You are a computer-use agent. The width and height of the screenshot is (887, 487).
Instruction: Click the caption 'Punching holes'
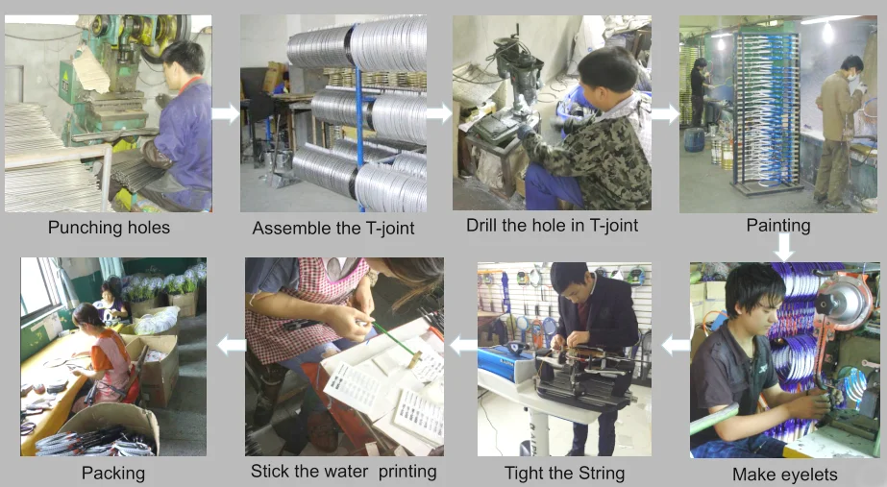pyautogui.click(x=109, y=228)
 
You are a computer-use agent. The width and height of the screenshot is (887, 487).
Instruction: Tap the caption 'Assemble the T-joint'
pyautogui.click(x=333, y=228)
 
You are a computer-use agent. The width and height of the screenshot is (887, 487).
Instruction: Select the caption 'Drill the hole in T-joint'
pyautogui.click(x=552, y=225)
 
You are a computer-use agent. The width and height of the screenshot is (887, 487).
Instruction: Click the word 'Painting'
pyautogui.click(x=778, y=226)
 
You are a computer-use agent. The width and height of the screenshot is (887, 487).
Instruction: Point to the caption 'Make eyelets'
pyautogui.click(x=784, y=474)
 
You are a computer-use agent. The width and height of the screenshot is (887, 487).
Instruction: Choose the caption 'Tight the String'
pyautogui.click(x=564, y=473)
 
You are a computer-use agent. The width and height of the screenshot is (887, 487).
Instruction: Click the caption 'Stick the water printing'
pyautogui.click(x=343, y=472)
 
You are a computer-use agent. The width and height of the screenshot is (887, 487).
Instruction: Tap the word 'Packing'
pyautogui.click(x=113, y=473)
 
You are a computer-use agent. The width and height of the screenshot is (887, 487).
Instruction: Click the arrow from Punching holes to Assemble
pyautogui.click(x=226, y=113)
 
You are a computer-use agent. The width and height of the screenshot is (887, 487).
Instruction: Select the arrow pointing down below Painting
pyautogui.click(x=783, y=247)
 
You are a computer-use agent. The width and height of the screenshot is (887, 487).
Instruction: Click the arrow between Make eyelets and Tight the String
pyautogui.click(x=676, y=345)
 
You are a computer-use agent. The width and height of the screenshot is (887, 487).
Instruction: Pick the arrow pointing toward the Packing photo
pyautogui.click(x=232, y=345)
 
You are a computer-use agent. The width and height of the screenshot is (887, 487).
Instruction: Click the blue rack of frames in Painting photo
pyautogui.click(x=767, y=111)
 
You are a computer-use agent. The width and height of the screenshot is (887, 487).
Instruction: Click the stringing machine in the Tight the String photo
pyautogui.click(x=582, y=377)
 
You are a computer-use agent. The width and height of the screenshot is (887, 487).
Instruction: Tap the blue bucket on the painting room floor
pyautogui.click(x=694, y=139)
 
